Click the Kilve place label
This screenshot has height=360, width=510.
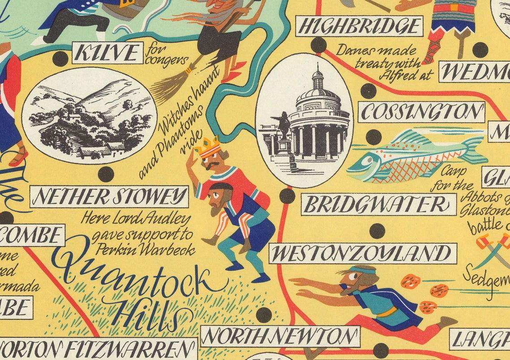pos(107,53)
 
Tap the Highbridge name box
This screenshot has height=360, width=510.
pos(359,26)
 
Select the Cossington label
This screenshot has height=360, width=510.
pos(421,111)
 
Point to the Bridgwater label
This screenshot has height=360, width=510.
pos(378,205)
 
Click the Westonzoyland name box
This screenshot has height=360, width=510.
pos(362,253)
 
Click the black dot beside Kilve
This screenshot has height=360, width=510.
pos(60,59)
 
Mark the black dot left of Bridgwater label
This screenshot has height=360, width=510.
pos(287,196)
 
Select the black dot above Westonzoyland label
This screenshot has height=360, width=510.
pos(377,231)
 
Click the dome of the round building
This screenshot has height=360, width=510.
pos(318,90)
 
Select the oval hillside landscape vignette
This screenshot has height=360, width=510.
pos(89,116)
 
